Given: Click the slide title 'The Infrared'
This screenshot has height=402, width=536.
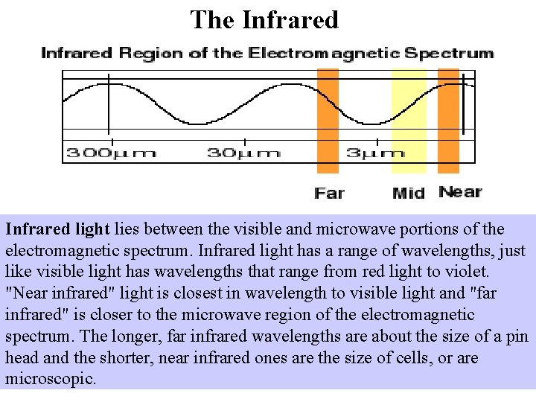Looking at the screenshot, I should (x=264, y=19).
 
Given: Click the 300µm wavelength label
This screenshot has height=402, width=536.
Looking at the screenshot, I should (x=112, y=153).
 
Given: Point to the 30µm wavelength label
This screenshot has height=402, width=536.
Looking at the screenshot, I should (x=243, y=153).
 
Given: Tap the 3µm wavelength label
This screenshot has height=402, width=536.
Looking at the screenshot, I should (x=376, y=153).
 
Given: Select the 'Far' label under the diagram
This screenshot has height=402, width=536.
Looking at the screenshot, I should (x=329, y=194).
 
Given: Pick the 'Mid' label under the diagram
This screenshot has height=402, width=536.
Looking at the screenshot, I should (x=409, y=194).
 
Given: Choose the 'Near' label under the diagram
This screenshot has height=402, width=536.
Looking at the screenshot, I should (x=460, y=192).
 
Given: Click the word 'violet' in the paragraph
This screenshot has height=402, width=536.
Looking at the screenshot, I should (x=468, y=272).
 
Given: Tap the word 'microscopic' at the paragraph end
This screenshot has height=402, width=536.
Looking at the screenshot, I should (x=50, y=379).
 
